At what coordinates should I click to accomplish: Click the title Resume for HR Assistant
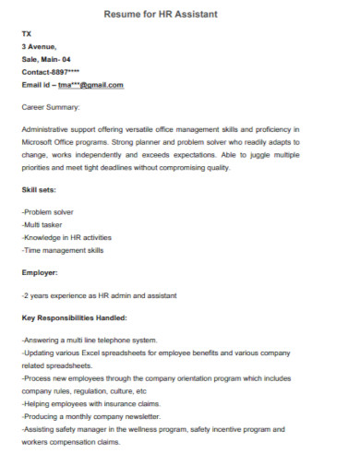point(180,15)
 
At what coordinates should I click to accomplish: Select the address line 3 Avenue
point(39,45)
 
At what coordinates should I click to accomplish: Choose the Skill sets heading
point(39,189)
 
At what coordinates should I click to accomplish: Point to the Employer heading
point(40,272)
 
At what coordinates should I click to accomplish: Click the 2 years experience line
point(99,295)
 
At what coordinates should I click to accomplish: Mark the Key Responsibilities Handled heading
point(78,318)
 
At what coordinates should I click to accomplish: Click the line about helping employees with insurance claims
point(90,403)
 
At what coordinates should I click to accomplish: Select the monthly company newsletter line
point(91,416)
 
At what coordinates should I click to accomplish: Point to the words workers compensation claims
point(70,442)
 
